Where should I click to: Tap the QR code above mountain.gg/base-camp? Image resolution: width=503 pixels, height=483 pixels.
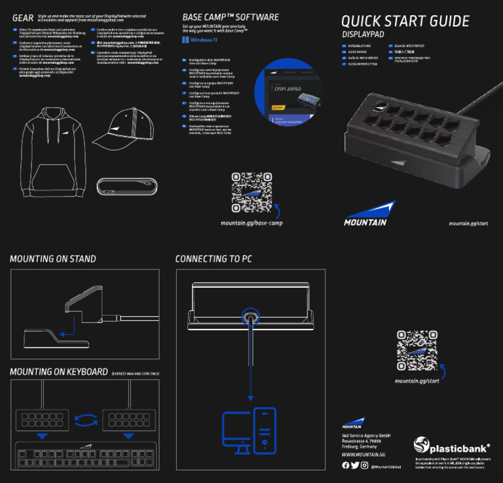coord(251,192)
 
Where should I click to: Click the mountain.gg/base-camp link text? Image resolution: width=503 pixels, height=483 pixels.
coord(251,223)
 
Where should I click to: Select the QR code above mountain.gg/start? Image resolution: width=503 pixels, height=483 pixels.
coord(417,350)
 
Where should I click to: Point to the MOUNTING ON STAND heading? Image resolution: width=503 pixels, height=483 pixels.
coord(52,259)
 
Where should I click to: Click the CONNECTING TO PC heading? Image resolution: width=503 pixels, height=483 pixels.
coord(214,259)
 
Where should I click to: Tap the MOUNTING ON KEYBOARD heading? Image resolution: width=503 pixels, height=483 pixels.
coord(59,372)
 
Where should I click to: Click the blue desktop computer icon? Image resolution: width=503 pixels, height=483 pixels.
coord(249,430)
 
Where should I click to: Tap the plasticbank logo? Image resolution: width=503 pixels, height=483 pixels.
coord(452,447)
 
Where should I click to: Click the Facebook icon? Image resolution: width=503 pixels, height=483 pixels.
coord(345,465)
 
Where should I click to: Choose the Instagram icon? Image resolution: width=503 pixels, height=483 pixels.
coord(364,465)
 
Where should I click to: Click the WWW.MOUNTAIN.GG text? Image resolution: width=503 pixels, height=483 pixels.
coord(363,454)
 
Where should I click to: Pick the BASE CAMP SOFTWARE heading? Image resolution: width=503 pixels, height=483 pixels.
coord(230,17)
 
